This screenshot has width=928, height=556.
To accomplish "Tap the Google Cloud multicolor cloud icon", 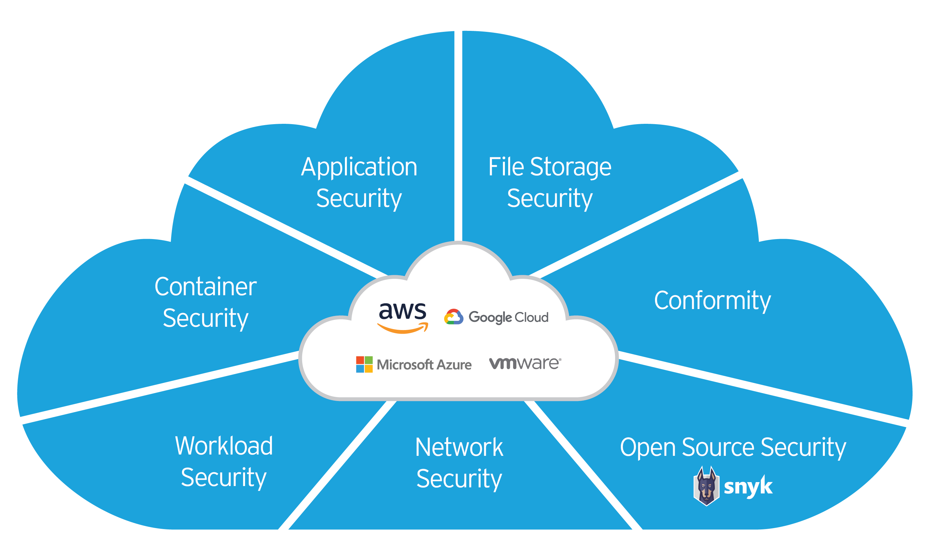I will [453, 317].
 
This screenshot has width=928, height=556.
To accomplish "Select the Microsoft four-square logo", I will [364, 364].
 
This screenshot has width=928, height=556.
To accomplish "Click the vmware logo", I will [525, 363].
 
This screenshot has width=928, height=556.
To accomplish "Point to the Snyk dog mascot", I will [706, 486].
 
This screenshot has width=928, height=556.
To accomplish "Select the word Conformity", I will [712, 300].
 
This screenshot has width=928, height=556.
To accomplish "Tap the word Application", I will [359, 167].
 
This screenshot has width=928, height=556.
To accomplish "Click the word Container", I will [205, 287].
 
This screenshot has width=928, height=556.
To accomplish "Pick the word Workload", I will [224, 446].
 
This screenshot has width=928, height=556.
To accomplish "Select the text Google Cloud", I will [509, 317].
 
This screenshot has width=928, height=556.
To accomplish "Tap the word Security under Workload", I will [224, 478].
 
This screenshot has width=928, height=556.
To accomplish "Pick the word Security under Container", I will [205, 319].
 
